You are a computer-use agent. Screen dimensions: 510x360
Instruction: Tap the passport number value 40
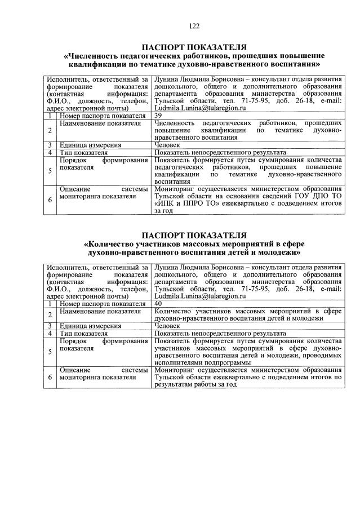(x=158, y=303)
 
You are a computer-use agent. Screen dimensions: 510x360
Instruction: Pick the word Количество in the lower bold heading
(x=113, y=244)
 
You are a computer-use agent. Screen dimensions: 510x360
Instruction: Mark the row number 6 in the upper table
(x=50, y=199)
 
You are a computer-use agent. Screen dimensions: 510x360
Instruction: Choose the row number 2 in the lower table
(x=50, y=314)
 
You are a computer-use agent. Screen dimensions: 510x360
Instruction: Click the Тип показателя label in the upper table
(x=84, y=152)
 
